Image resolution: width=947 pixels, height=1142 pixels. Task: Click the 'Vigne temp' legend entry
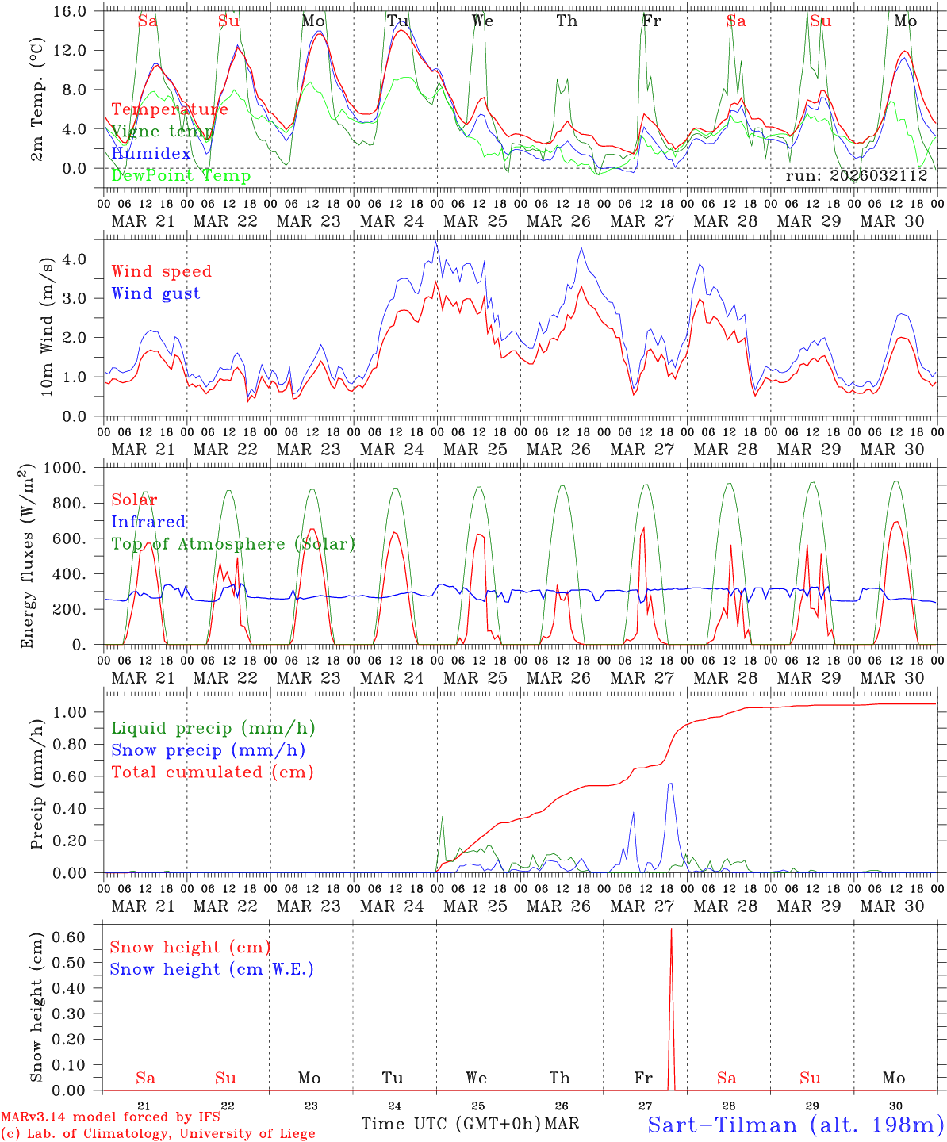(163, 132)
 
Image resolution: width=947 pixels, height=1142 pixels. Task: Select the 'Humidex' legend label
(151, 154)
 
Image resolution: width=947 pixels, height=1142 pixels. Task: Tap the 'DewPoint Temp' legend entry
(181, 176)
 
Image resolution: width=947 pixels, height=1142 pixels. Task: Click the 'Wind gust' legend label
(155, 293)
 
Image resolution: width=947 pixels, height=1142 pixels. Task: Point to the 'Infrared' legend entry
(148, 522)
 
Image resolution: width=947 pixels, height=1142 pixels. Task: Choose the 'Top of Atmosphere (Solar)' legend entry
(233, 544)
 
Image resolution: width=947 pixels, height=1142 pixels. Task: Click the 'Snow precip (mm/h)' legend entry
(208, 750)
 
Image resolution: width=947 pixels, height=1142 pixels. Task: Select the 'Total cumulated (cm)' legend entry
(213, 772)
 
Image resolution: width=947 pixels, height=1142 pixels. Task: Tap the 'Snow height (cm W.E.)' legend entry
(212, 969)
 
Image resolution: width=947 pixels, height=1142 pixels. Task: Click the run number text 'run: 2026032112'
(857, 176)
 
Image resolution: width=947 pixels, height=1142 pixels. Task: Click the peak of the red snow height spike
(671, 929)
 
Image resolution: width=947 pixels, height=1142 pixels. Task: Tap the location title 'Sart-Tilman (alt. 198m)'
(795, 1125)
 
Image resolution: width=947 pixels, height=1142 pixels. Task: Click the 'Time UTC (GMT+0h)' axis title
(450, 1124)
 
